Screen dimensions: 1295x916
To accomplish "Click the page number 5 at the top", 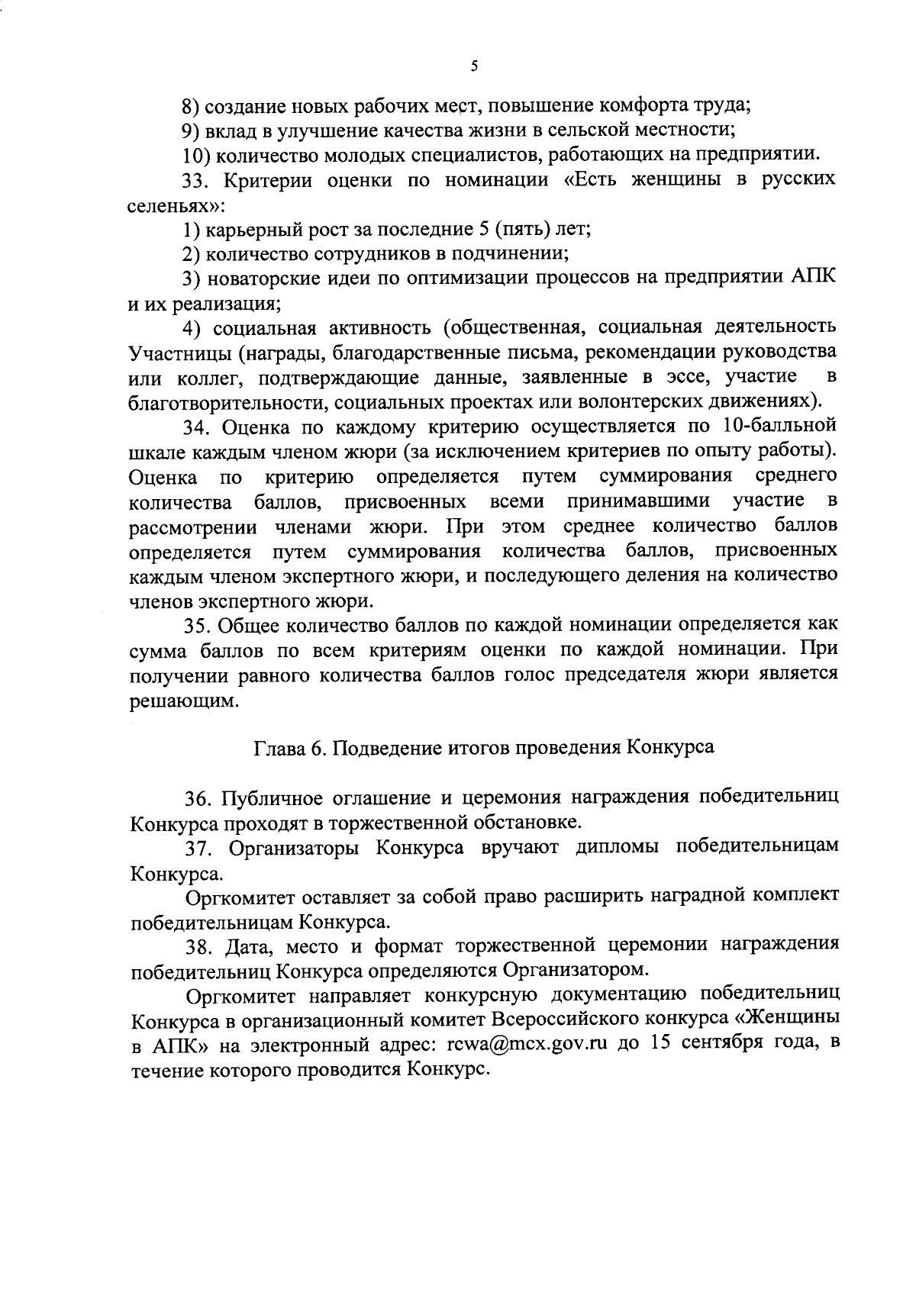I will pos(474,66).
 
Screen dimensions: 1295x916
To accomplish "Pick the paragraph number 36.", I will pos(198,797).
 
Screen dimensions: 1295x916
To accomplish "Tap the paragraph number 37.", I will pos(198,847).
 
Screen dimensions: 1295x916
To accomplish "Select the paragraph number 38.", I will pos(198,945).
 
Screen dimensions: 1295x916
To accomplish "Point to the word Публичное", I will pos(269,797).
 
